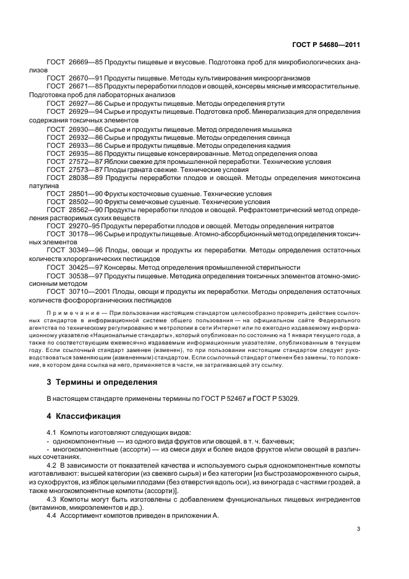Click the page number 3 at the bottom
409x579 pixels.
[358, 528]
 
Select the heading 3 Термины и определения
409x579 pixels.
[103, 382]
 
